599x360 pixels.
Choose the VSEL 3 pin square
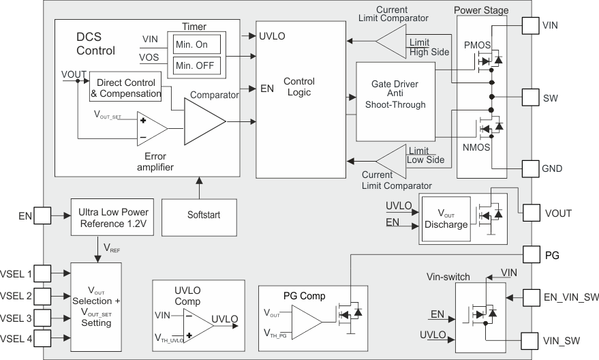point(42,318)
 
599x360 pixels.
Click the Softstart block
point(204,215)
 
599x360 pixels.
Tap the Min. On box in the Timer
point(197,44)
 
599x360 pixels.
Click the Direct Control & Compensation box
point(125,87)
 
